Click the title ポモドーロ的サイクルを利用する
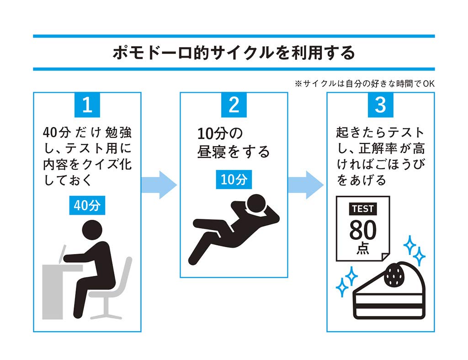(234, 53)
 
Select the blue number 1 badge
(87, 105)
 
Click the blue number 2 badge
(234, 105)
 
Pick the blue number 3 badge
(380, 105)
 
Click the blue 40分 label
(87, 206)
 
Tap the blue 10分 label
(234, 180)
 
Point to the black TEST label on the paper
(363, 209)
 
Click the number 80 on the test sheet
(363, 231)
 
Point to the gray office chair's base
(106, 314)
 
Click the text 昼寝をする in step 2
(234, 152)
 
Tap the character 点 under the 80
(363, 249)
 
